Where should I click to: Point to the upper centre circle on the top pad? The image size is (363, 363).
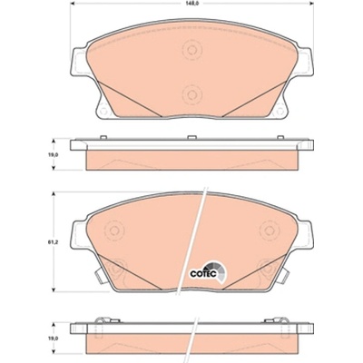191,50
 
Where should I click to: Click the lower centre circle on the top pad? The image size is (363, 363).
191,94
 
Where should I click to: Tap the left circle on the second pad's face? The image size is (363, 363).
114,231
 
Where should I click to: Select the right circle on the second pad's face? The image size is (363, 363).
269,231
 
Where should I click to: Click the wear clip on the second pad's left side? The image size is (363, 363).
100,275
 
